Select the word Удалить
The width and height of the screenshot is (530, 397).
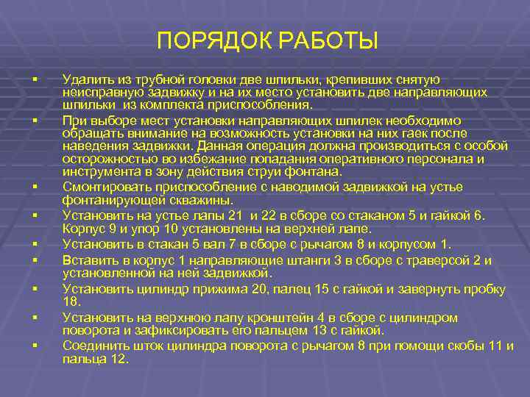[x=85, y=79]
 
